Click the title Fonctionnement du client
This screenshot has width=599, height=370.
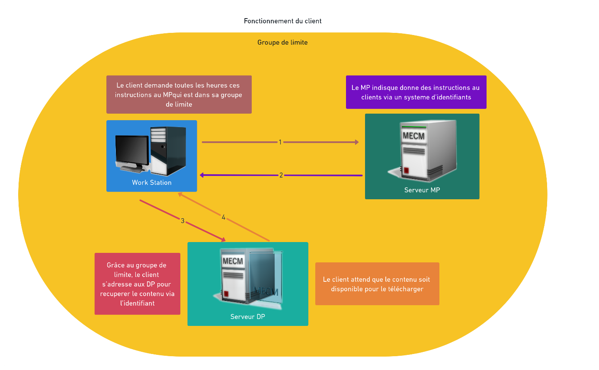(x=282, y=21)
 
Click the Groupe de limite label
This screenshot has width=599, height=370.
(x=282, y=42)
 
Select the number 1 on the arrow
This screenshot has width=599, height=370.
(x=280, y=142)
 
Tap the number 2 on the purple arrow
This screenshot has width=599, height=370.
(x=281, y=175)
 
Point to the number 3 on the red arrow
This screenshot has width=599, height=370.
(x=183, y=220)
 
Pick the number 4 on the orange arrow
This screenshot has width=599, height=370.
(x=223, y=217)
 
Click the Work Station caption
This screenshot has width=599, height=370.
(x=151, y=182)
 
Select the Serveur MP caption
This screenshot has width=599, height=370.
(x=422, y=190)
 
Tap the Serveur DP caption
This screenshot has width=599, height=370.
(x=247, y=316)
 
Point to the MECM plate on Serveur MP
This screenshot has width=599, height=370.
(x=413, y=136)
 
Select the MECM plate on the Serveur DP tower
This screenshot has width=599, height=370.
(x=233, y=261)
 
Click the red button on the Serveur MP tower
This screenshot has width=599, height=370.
(x=406, y=169)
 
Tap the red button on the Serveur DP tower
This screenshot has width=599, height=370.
(x=226, y=294)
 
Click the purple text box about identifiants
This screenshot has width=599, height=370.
(x=416, y=92)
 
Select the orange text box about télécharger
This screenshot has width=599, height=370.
(x=377, y=284)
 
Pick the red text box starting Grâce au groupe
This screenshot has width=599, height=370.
(x=137, y=284)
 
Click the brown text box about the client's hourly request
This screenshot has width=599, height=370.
(x=179, y=95)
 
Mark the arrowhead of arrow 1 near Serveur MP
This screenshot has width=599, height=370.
(x=356, y=142)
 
